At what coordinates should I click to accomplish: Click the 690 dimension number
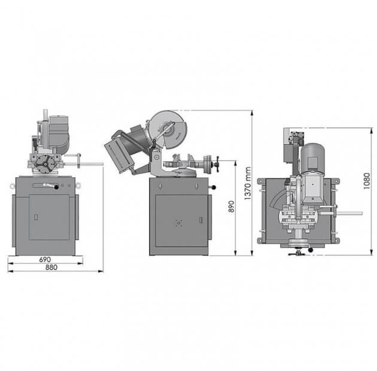[45, 260]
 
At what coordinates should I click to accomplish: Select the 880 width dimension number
[51, 267]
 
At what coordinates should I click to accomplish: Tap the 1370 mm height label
[247, 183]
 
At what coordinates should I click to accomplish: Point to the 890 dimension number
[231, 206]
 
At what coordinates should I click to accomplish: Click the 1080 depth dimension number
[366, 181]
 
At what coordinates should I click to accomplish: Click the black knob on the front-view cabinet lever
[56, 187]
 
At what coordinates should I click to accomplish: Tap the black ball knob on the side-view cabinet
[214, 187]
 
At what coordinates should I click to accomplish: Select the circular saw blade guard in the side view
[168, 129]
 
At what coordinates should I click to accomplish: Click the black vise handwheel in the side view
[218, 164]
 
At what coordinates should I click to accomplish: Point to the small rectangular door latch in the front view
[36, 217]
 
